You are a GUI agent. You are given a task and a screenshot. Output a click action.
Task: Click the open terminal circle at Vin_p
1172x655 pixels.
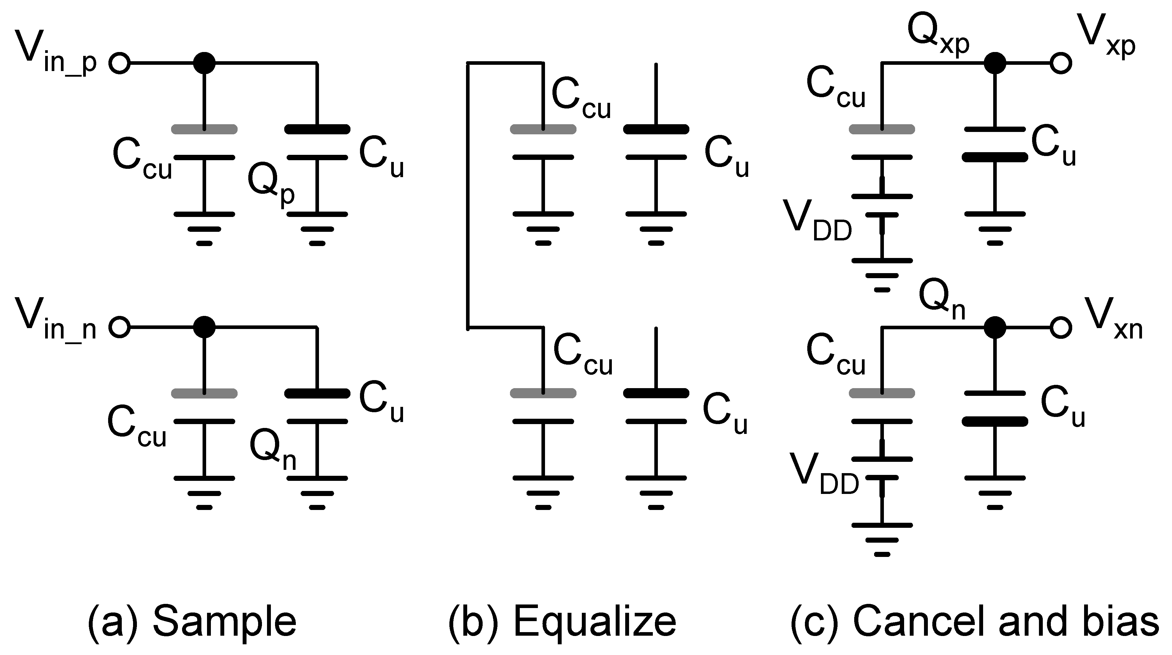pyautogui.click(x=120, y=63)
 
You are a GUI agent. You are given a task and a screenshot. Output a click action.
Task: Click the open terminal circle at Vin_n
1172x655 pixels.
pyautogui.click(x=120, y=327)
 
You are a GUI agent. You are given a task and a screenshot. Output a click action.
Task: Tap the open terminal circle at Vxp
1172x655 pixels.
pyautogui.click(x=1061, y=63)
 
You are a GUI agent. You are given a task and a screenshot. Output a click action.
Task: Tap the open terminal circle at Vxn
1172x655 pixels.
pyautogui.click(x=1061, y=327)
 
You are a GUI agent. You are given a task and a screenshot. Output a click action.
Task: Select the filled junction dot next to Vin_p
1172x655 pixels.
pyautogui.click(x=204, y=63)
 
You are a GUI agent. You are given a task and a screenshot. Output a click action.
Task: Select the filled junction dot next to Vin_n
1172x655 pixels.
pyautogui.click(x=204, y=327)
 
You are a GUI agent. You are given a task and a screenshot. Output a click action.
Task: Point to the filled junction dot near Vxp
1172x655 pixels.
pyautogui.click(x=995, y=63)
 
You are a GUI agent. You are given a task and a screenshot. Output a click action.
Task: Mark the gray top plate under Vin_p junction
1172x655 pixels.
pyautogui.click(x=204, y=129)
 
